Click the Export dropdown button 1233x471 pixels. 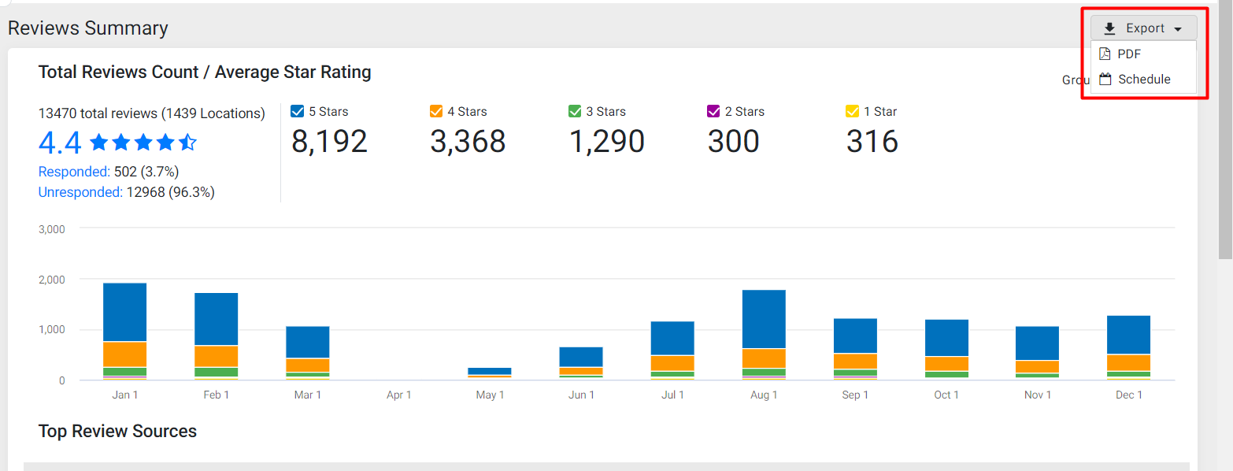(x=1143, y=28)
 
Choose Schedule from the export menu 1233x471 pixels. (x=1143, y=80)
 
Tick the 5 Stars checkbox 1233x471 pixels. (x=298, y=111)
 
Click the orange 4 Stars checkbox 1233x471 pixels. (x=436, y=111)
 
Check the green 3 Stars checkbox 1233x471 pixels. (x=575, y=111)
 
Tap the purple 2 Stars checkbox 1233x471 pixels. (x=713, y=111)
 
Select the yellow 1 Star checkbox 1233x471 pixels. (x=852, y=111)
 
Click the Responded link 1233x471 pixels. (x=74, y=172)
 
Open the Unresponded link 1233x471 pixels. (x=80, y=192)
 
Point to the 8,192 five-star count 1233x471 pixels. (x=329, y=142)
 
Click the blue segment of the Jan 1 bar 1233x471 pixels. (x=125, y=313)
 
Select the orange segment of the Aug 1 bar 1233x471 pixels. (x=764, y=358)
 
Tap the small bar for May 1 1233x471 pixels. (x=490, y=372)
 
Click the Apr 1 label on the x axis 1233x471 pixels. (x=398, y=395)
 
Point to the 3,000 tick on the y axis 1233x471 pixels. (x=52, y=229)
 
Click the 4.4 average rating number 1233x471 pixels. (x=60, y=143)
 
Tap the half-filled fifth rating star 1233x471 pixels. (x=187, y=142)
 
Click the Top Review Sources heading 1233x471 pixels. (x=117, y=432)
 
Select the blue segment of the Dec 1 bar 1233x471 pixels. (x=1128, y=335)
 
